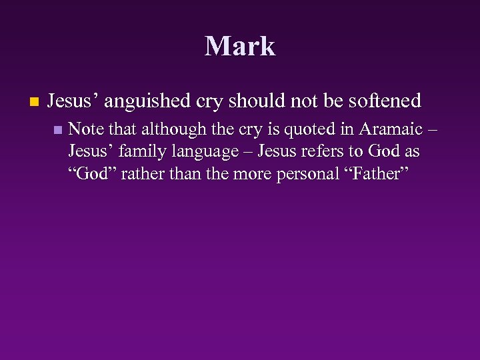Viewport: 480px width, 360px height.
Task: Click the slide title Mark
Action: tap(240, 46)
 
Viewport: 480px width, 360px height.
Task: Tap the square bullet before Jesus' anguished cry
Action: tap(34, 103)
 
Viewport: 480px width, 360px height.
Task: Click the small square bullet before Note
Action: tap(58, 129)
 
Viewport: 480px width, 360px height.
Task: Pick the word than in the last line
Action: tap(173, 175)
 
